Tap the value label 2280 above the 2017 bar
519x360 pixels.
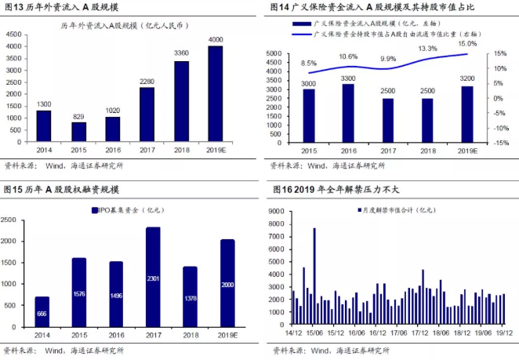point(147,80)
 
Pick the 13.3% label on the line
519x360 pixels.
point(427,49)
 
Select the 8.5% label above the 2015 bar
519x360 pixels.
point(309,63)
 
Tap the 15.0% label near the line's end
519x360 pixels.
point(467,43)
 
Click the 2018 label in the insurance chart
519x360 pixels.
point(427,151)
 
